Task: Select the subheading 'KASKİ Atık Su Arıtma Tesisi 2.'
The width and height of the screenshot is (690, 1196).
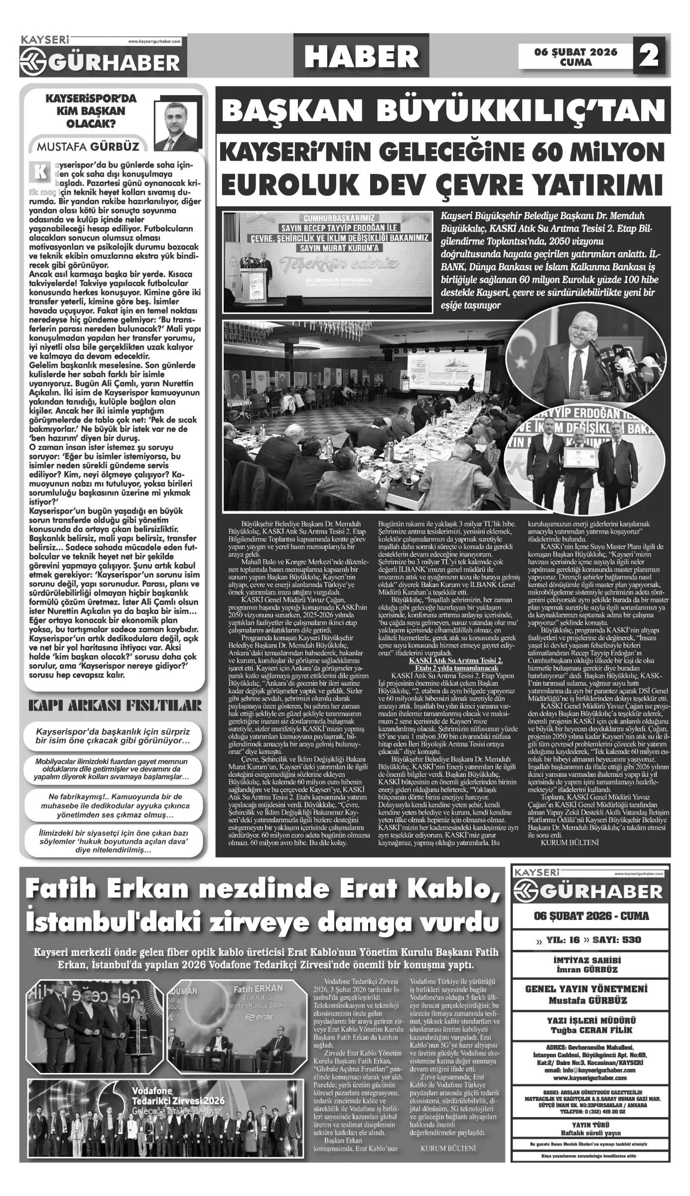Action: click(x=455, y=660)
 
